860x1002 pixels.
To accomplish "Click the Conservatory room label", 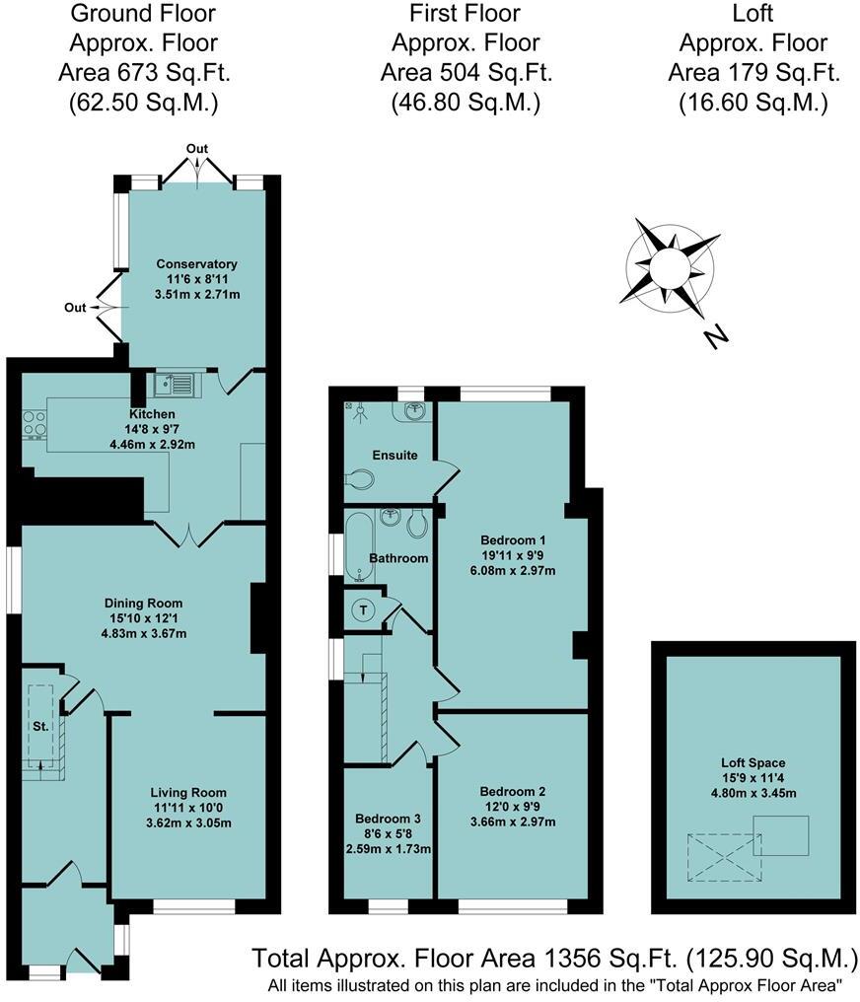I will click(x=197, y=264).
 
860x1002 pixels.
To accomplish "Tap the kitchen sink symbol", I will click(x=178, y=383).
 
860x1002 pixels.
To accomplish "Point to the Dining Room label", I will click(x=144, y=603).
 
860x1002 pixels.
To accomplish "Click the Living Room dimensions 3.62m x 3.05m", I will click(x=187, y=823).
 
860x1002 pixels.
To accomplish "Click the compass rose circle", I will click(x=666, y=266).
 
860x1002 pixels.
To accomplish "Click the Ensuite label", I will click(x=395, y=456).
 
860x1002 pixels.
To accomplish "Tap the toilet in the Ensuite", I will click(x=361, y=480).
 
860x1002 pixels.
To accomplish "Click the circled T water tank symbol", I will click(x=365, y=609).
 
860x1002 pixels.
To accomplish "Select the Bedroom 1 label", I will click(x=513, y=540).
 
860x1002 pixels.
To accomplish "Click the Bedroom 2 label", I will click(x=513, y=792).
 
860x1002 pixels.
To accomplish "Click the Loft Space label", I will click(x=752, y=762).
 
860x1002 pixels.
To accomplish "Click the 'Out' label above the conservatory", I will click(x=198, y=149).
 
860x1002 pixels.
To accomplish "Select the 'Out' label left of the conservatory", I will click(x=76, y=308).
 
